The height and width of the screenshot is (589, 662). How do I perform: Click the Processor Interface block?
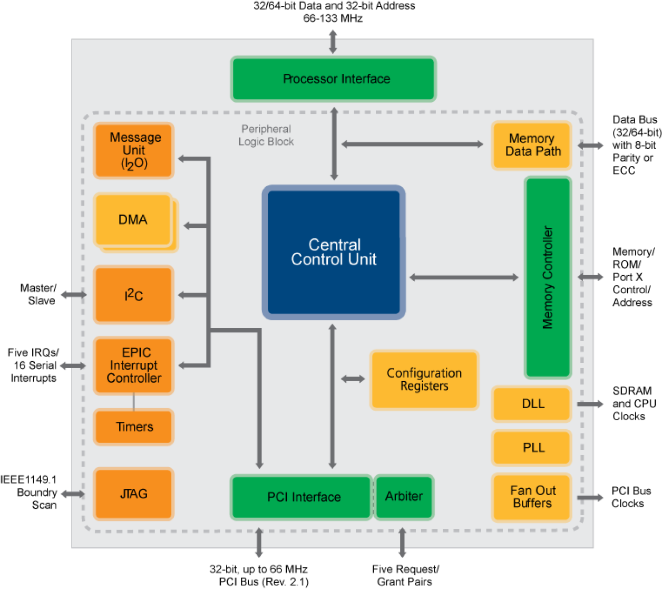point(334,79)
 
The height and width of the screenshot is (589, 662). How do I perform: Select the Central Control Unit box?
point(334,252)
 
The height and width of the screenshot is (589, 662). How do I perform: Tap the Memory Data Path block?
point(532,146)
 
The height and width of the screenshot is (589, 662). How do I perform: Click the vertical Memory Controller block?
point(548,277)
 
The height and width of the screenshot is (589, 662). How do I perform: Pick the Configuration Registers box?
point(424,380)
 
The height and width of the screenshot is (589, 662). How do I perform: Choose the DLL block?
point(532,404)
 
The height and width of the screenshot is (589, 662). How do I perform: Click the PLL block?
point(532,448)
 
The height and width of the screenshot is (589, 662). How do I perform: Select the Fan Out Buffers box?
point(532,497)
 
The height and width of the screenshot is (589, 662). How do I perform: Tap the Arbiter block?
point(404,497)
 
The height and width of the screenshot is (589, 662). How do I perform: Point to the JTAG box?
point(134,494)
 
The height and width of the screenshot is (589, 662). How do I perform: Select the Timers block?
point(134,427)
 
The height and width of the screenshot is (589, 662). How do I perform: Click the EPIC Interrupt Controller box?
point(134,365)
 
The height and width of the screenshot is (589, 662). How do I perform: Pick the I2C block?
point(134,295)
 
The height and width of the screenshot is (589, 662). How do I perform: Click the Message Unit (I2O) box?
point(134,151)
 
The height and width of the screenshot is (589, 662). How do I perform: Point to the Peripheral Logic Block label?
point(266,136)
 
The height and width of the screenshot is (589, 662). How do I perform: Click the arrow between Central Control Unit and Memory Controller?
point(464,277)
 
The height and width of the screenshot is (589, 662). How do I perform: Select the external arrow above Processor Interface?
point(333,42)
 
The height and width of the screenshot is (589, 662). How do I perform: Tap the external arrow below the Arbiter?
point(402,543)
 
